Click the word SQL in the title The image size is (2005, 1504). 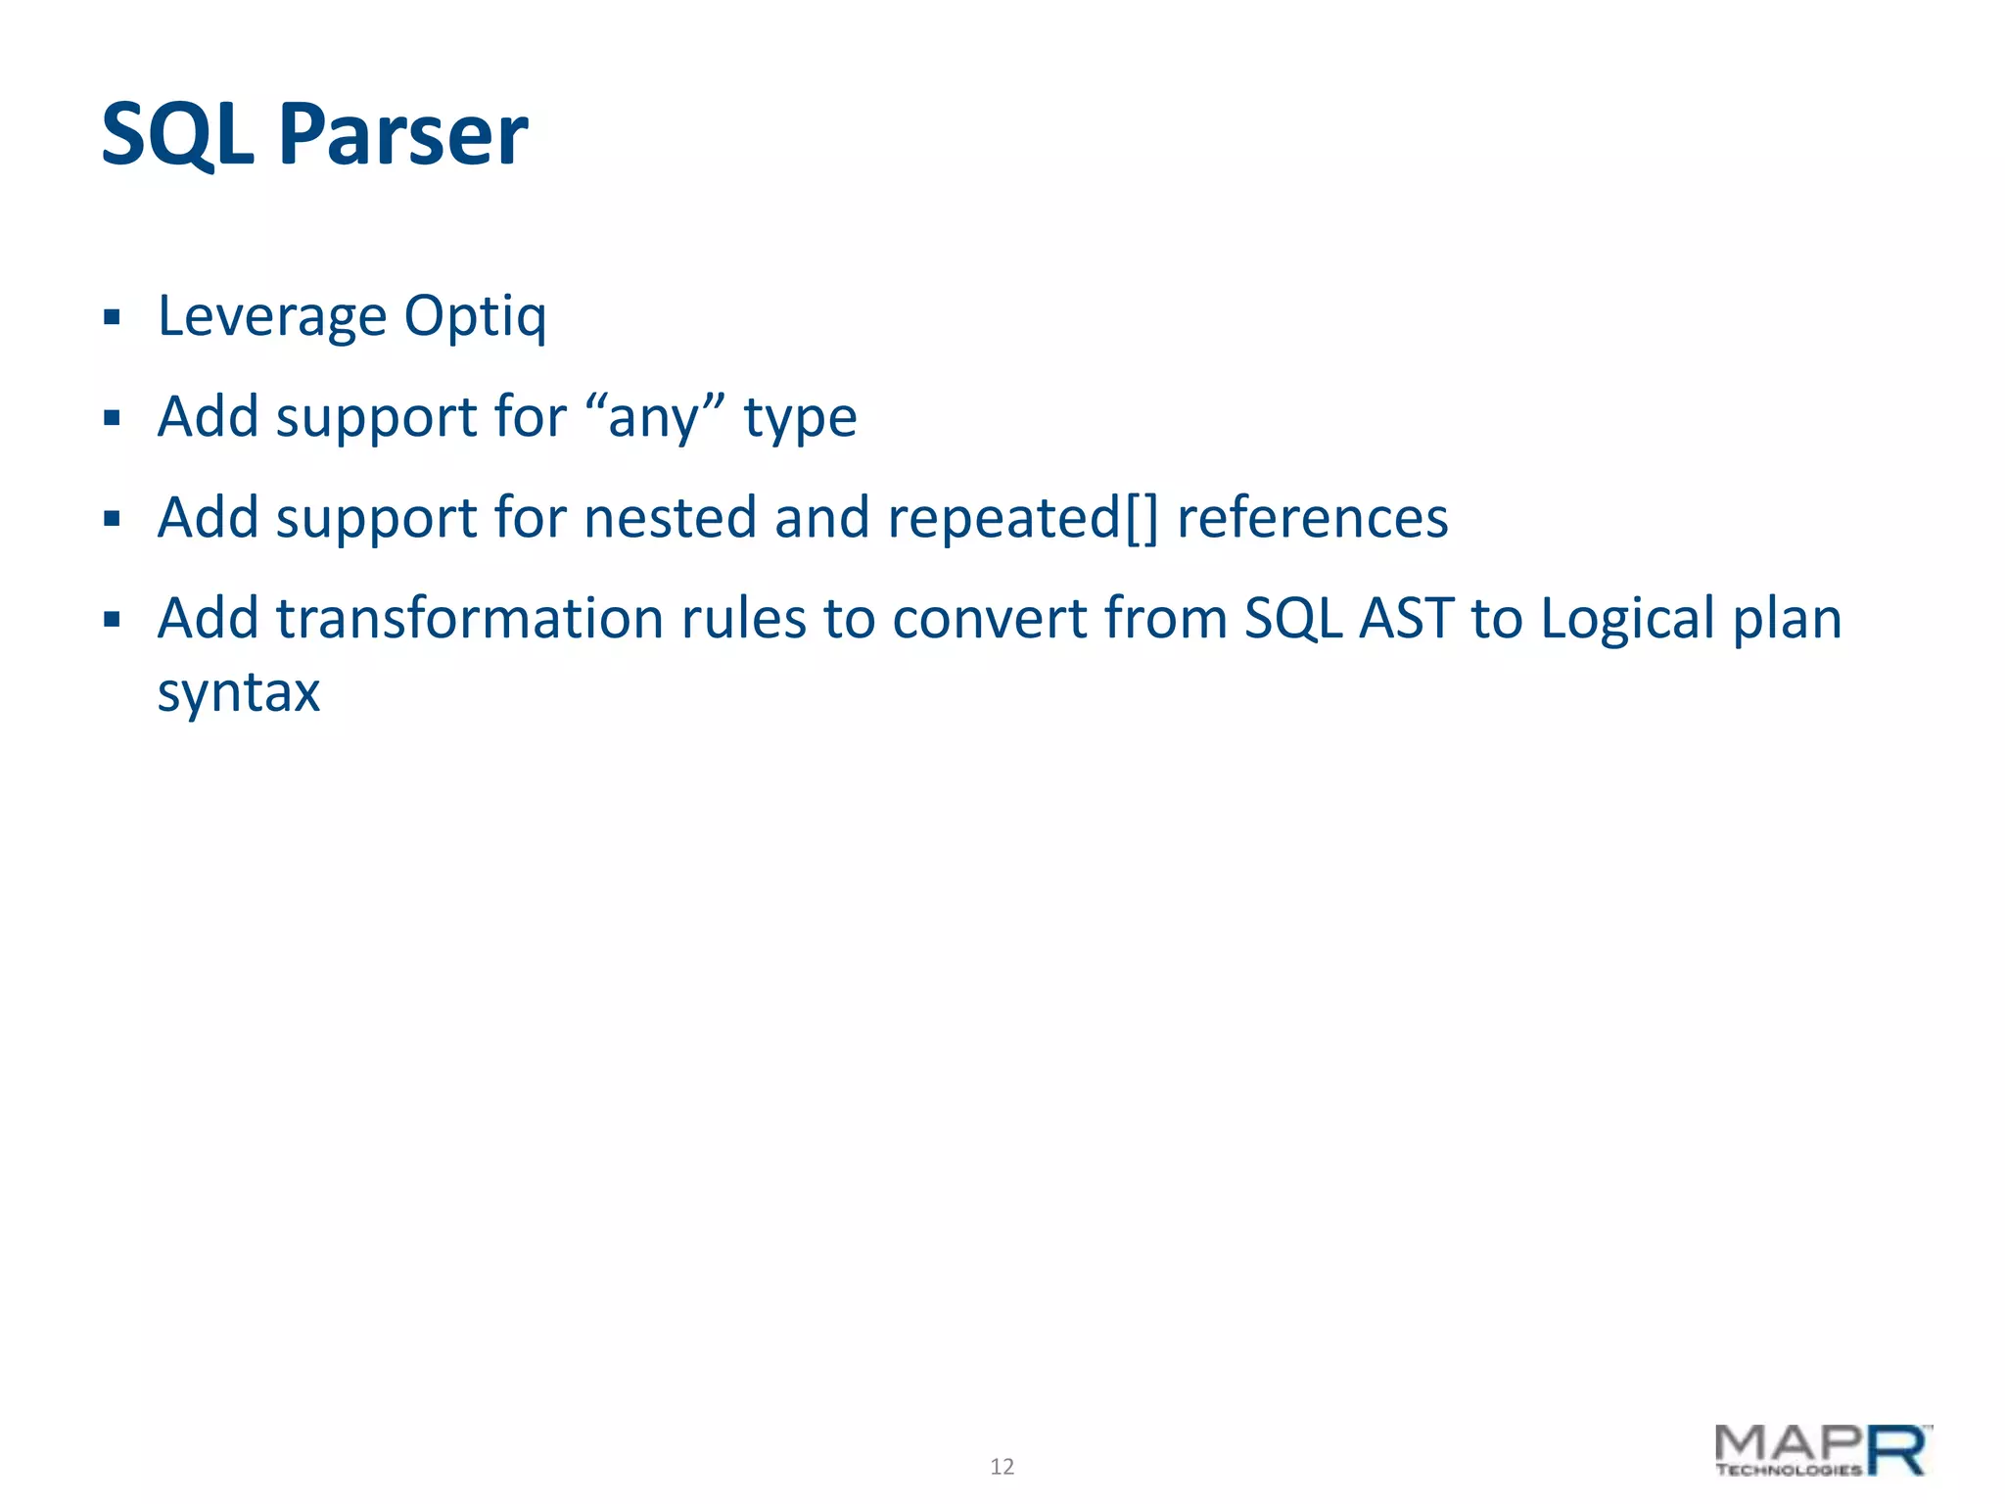(x=177, y=135)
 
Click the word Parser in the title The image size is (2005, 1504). (x=402, y=135)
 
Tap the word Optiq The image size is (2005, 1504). (x=475, y=317)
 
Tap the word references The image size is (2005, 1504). (x=1312, y=517)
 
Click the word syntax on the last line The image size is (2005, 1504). (x=239, y=693)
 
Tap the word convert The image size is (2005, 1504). (x=989, y=619)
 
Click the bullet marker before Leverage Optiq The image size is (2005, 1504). (x=112, y=317)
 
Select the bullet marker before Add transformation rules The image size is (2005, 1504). (x=112, y=619)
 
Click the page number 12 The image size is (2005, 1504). (x=1002, y=1466)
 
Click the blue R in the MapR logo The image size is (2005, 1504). (x=1897, y=1450)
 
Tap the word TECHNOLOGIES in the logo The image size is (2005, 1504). (x=1789, y=1470)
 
